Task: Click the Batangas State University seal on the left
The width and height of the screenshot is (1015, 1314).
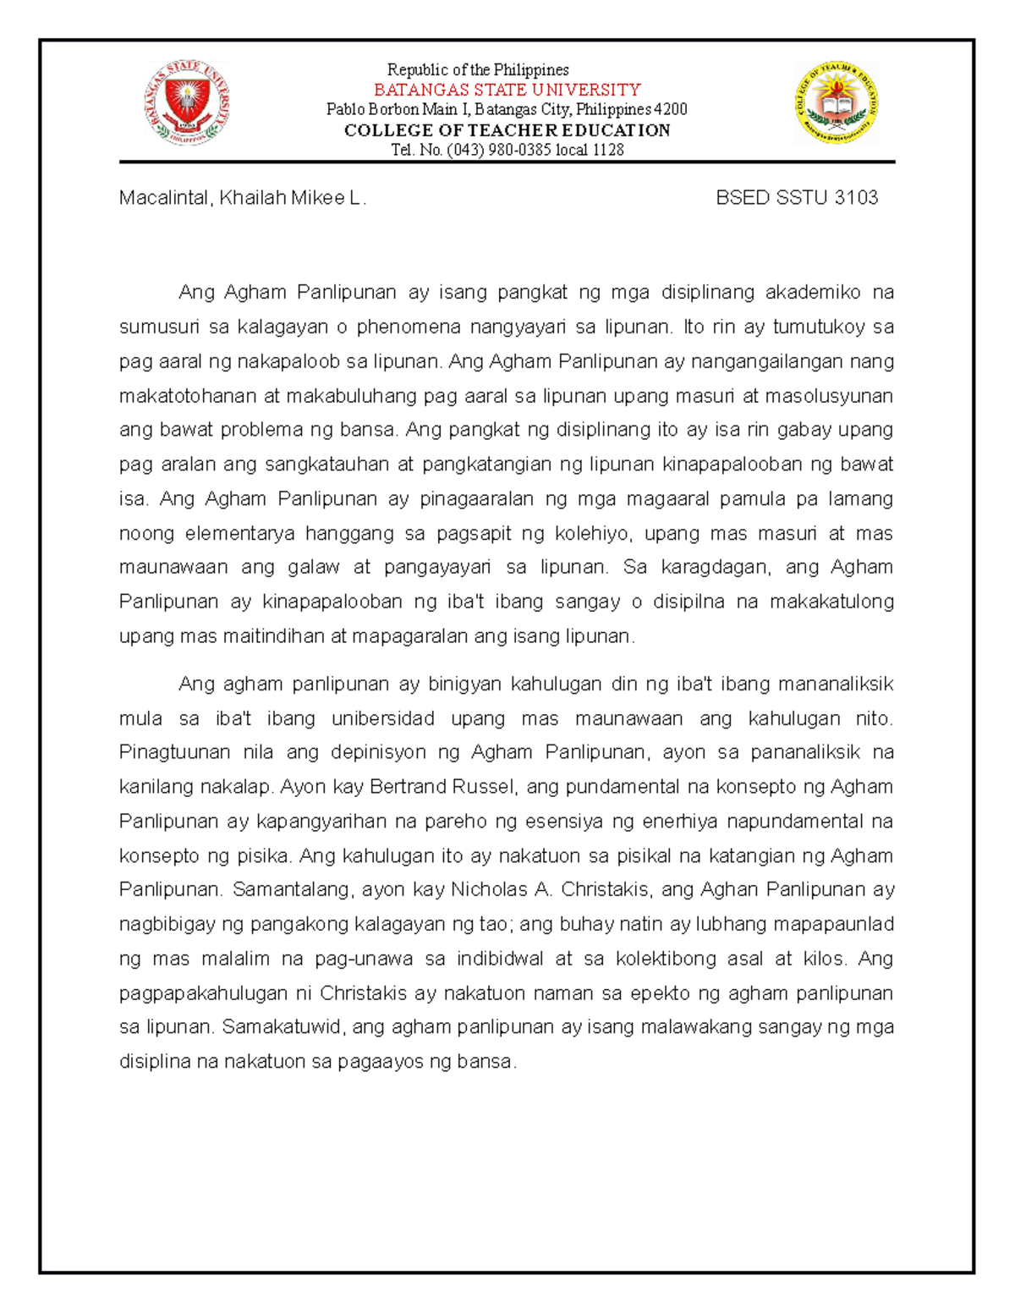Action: click(x=186, y=103)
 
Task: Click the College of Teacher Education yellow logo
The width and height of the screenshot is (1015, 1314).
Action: click(x=837, y=103)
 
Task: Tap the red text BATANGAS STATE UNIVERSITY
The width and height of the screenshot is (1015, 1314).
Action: click(x=507, y=90)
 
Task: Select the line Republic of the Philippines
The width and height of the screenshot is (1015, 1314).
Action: click(x=478, y=70)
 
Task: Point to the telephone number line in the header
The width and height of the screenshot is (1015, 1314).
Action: click(x=507, y=150)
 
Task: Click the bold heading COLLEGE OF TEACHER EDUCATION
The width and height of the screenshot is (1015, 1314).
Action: click(x=507, y=130)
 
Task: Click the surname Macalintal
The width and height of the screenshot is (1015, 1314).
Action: click(x=164, y=198)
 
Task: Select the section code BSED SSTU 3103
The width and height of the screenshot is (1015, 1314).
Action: click(x=797, y=198)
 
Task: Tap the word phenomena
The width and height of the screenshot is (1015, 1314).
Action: click(x=409, y=327)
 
